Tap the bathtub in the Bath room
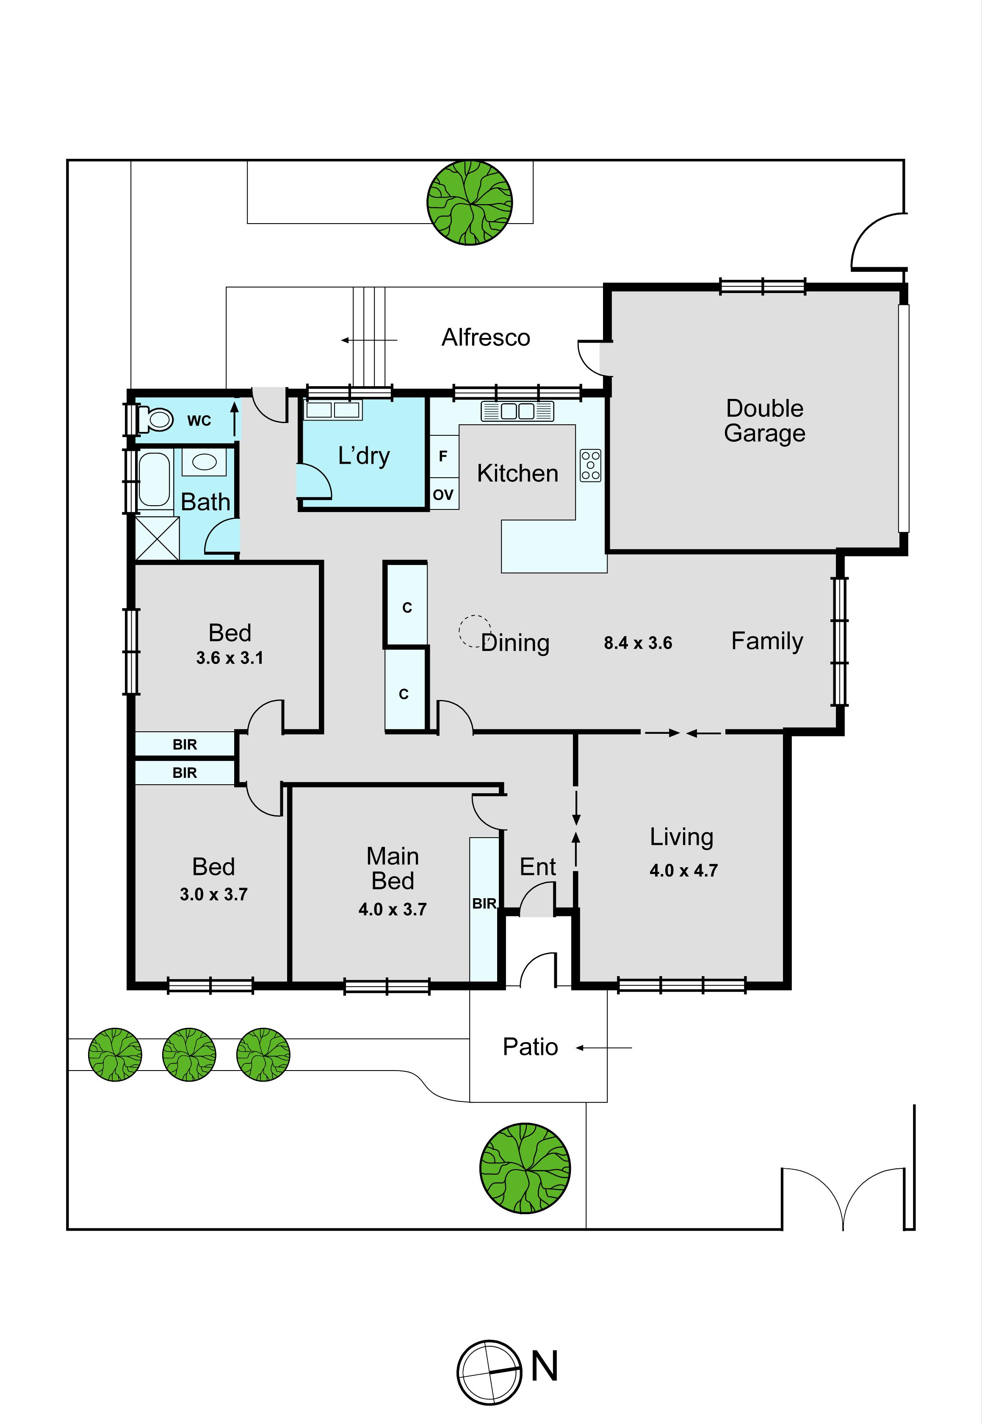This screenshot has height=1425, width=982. coord(154,481)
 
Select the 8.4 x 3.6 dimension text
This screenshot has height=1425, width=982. coord(638,643)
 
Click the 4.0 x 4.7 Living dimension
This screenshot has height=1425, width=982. coord(683,871)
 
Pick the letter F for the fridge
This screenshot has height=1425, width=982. coord(443,457)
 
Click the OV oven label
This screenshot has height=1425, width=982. coord(443,495)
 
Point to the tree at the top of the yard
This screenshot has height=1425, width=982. coord(470,202)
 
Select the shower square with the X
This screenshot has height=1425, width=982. coord(157,538)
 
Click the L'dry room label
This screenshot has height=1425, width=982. coord(364,456)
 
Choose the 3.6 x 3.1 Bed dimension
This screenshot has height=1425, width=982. coord(230,658)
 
